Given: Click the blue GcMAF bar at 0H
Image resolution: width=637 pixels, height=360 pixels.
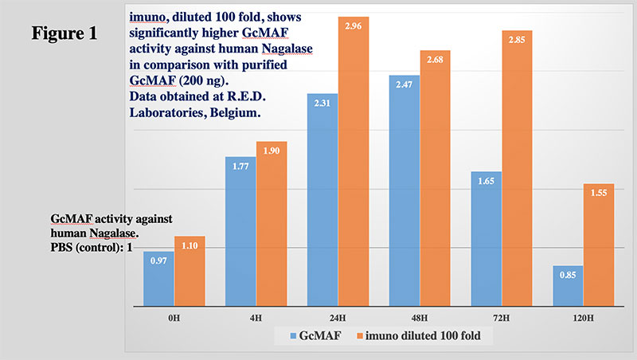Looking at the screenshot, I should pyautogui.click(x=158, y=279).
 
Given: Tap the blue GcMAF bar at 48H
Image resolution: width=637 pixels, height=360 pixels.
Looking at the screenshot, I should pyautogui.click(x=404, y=191).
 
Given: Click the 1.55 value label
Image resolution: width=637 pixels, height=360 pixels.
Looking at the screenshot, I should pyautogui.click(x=598, y=194).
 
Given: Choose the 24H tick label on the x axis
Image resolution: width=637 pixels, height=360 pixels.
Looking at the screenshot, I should pyautogui.click(x=322, y=317).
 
